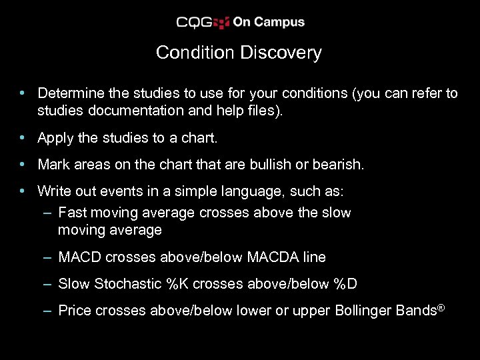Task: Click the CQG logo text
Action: [194, 22]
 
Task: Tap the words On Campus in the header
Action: [269, 22]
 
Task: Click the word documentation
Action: [134, 111]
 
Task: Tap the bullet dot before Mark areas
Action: [23, 164]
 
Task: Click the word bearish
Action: [340, 164]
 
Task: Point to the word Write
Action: [53, 191]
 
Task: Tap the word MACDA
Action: [271, 257]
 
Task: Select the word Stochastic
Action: [130, 284]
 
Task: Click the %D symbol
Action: [345, 284]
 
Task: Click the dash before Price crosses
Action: [47, 311]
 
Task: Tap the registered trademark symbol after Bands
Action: [440, 307]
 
